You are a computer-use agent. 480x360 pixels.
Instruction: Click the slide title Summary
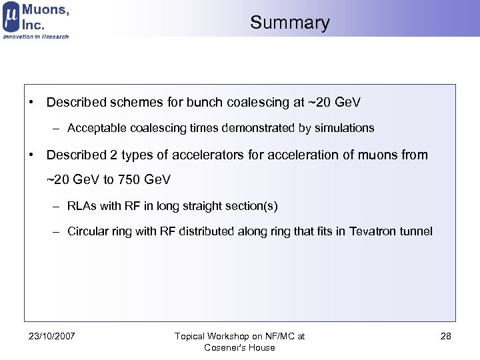[x=290, y=23]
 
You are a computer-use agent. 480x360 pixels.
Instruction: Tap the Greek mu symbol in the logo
[x=11, y=17]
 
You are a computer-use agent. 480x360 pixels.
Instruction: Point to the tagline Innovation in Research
[x=36, y=37]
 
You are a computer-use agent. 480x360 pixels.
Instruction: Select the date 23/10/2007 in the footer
[x=53, y=336]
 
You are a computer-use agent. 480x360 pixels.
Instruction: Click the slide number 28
[x=446, y=336]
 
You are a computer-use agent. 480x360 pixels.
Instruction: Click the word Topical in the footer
[x=191, y=336]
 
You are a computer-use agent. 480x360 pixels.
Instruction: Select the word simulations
[x=341, y=127]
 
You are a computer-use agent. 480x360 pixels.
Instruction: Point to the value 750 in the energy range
[x=129, y=180]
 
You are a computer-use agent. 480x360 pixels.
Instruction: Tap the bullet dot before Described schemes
[x=31, y=103]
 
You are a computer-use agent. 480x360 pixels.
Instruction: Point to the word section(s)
[x=252, y=206]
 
